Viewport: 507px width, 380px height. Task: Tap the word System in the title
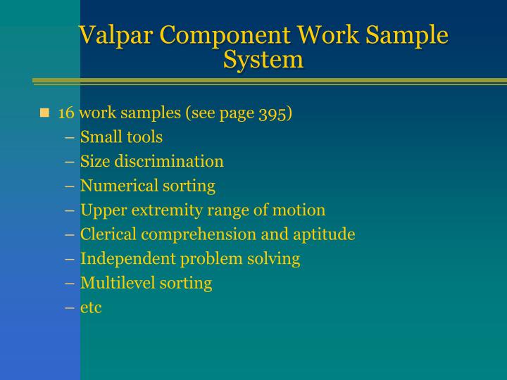pos(263,58)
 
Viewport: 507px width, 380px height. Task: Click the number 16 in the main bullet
pos(66,113)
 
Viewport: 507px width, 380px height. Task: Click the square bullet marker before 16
pos(45,113)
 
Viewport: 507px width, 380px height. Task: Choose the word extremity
pos(155,210)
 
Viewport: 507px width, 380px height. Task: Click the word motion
pos(302,210)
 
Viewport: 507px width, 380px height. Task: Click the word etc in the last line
pos(91,308)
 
